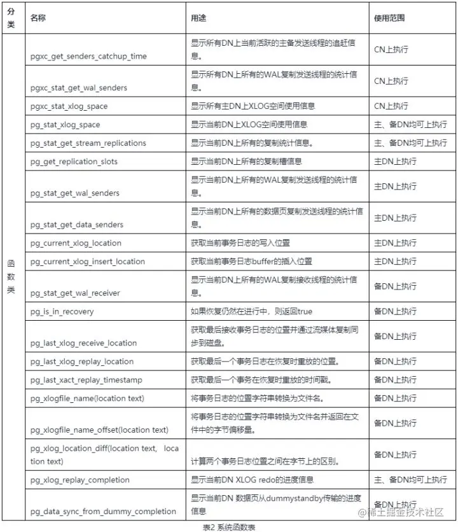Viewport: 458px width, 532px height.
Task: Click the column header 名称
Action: pyautogui.click(x=38, y=18)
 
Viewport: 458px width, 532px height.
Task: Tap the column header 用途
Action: pyautogui.click(x=198, y=18)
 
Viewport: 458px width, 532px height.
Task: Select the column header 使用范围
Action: pyautogui.click(x=389, y=18)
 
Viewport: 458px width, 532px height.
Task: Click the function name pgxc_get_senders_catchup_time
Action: pyautogui.click(x=88, y=56)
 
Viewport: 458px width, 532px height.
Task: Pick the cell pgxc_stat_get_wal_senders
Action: pyautogui.click(x=79, y=87)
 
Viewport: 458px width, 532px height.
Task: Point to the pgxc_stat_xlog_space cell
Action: pyautogui.click(x=69, y=106)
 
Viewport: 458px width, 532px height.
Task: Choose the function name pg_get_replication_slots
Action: pyautogui.click(x=74, y=162)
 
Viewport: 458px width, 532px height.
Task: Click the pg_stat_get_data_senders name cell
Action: pyautogui.click(x=76, y=224)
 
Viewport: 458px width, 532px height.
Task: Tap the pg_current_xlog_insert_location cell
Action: pyautogui.click(x=88, y=262)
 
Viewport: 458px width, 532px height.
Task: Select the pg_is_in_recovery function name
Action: pyautogui.click(x=62, y=311)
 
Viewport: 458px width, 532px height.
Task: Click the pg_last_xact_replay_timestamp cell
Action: pyautogui.click(x=87, y=380)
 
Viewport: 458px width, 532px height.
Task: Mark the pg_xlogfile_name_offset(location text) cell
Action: pyautogui.click(x=99, y=430)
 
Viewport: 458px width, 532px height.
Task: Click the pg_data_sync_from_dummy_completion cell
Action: pyautogui.click(x=103, y=511)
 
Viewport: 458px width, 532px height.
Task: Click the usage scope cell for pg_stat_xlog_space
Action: pyautogui.click(x=410, y=124)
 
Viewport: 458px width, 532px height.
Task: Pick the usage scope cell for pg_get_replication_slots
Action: pyautogui.click(x=395, y=162)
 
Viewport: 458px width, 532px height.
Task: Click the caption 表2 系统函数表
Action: pyautogui.click(x=229, y=527)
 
